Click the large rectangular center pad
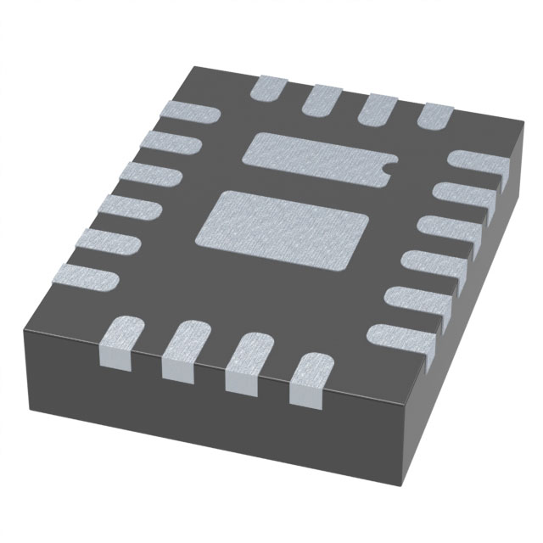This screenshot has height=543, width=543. point(283,227)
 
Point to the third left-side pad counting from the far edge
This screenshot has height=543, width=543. point(146,173)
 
